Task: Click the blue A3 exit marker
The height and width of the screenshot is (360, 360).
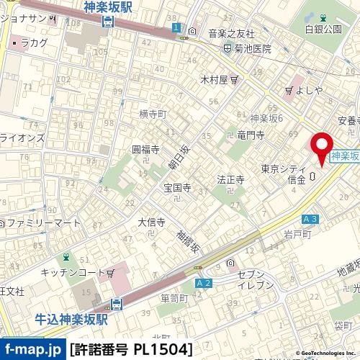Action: click(310, 219)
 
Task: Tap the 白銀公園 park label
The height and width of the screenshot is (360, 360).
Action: click(322, 29)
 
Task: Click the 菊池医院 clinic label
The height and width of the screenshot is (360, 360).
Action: click(251, 49)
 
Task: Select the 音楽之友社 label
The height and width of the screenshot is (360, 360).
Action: click(231, 33)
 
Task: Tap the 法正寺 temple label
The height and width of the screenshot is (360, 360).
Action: click(231, 179)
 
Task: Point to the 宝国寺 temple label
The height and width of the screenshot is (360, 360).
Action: click(176, 188)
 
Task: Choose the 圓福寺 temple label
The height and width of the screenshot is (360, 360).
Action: click(145, 149)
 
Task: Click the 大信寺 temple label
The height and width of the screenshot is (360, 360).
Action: click(152, 222)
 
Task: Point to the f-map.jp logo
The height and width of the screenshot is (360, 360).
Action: click(33, 350)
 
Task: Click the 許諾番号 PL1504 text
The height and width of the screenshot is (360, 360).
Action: click(132, 350)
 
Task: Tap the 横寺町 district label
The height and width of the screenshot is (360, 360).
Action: click(153, 114)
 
